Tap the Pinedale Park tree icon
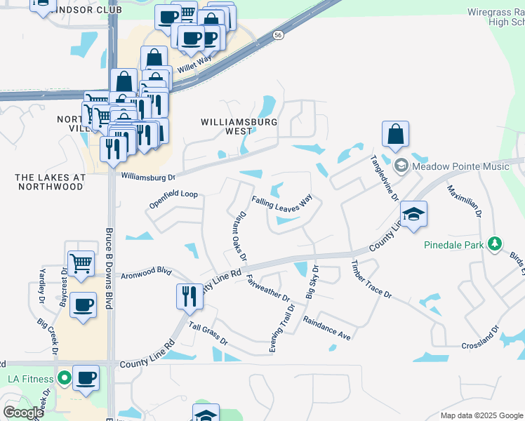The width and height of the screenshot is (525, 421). [496, 243]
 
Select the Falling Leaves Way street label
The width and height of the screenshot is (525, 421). [281, 201]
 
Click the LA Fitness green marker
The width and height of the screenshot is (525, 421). [65, 379]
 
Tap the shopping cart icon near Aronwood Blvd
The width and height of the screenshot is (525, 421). [81, 264]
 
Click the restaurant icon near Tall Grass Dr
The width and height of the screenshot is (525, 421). [190, 295]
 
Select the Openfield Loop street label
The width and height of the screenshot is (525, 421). [173, 199]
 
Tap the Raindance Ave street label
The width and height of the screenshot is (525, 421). [326, 328]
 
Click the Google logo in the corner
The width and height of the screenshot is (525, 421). [22, 413]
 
